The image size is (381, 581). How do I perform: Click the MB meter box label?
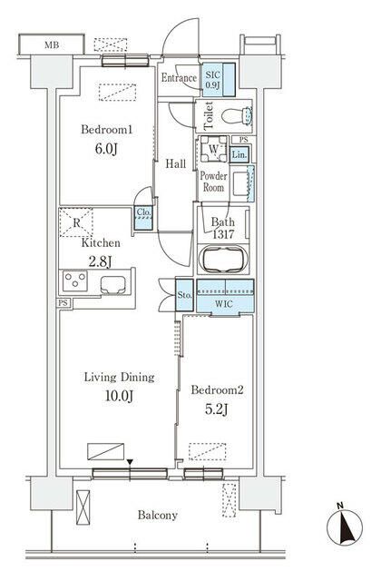click(52, 45)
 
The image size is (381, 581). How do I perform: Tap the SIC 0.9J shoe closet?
click(219, 80)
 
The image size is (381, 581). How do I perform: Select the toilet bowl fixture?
click(236, 115)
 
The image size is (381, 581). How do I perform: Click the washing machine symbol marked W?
click(214, 149)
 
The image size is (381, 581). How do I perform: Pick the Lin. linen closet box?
click(239, 155)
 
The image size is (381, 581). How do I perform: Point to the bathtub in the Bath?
click(223, 259)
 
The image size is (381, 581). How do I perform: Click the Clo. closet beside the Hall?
click(143, 218)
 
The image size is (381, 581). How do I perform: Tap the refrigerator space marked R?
click(76, 222)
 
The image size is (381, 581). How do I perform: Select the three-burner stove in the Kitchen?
click(75, 281)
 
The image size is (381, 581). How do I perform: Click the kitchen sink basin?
click(112, 285)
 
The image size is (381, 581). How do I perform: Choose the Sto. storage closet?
click(184, 295)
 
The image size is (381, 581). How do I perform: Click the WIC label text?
click(224, 304)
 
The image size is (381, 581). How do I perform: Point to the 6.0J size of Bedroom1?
click(106, 149)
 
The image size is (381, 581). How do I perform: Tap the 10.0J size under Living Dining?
click(119, 396)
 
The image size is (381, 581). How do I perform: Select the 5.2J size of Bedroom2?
click(217, 409)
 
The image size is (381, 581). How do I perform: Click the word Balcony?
click(158, 515)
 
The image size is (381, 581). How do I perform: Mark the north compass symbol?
click(345, 527)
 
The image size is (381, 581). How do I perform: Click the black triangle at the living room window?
click(130, 462)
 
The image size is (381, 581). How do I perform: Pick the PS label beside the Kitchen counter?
click(63, 302)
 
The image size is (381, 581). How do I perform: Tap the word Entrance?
click(179, 78)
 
